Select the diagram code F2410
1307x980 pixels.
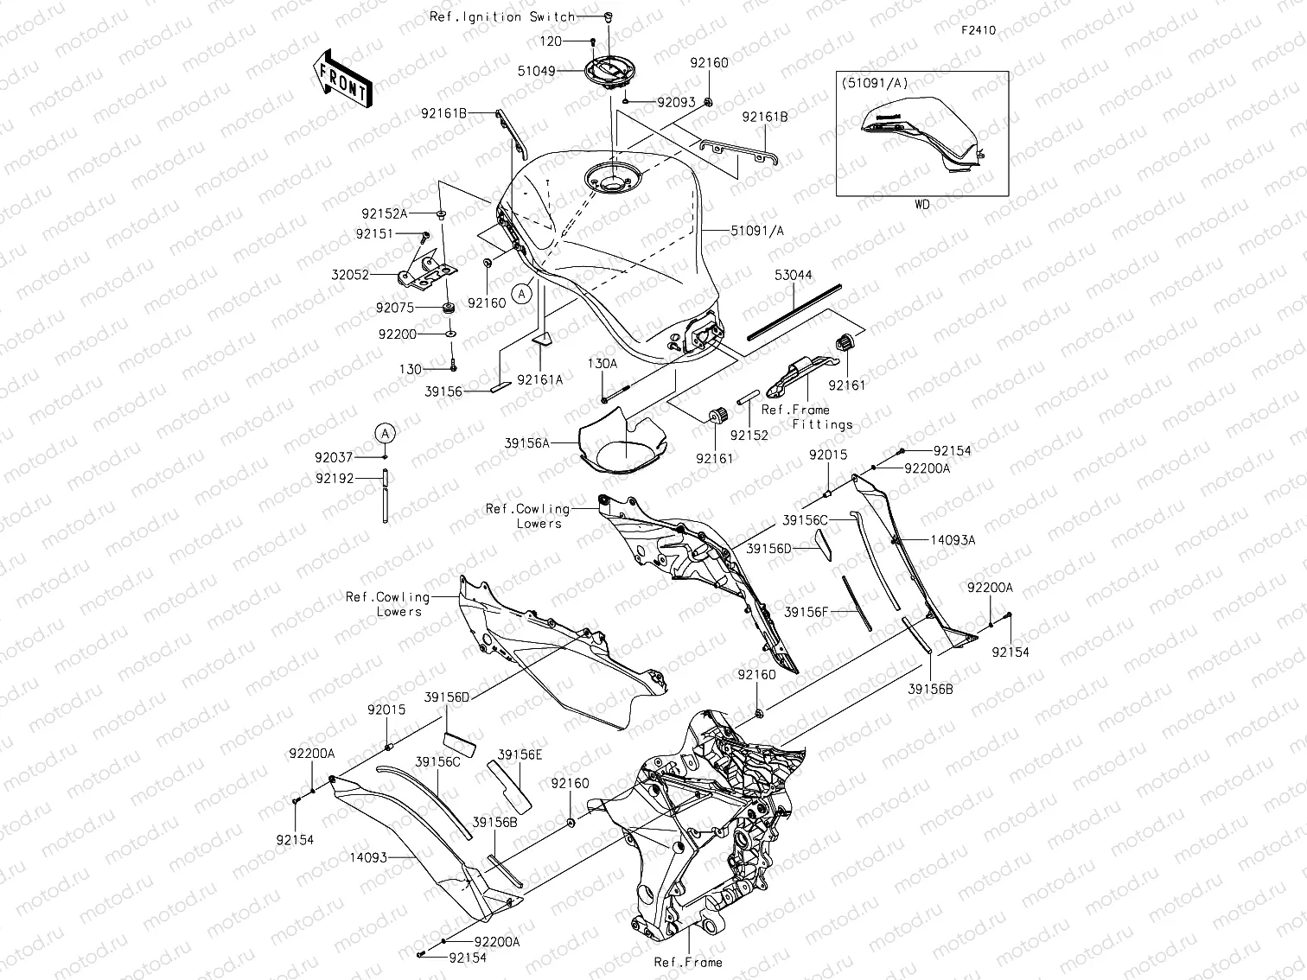[979, 30]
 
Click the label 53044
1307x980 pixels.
[793, 275]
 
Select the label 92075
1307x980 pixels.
[419, 308]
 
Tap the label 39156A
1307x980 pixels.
[527, 442]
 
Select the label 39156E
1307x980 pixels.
[520, 754]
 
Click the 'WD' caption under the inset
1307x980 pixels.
[921, 205]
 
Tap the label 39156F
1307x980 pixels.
[807, 612]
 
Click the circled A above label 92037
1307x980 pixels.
[386, 432]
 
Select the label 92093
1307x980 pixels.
[676, 101]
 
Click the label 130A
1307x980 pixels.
[602, 364]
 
